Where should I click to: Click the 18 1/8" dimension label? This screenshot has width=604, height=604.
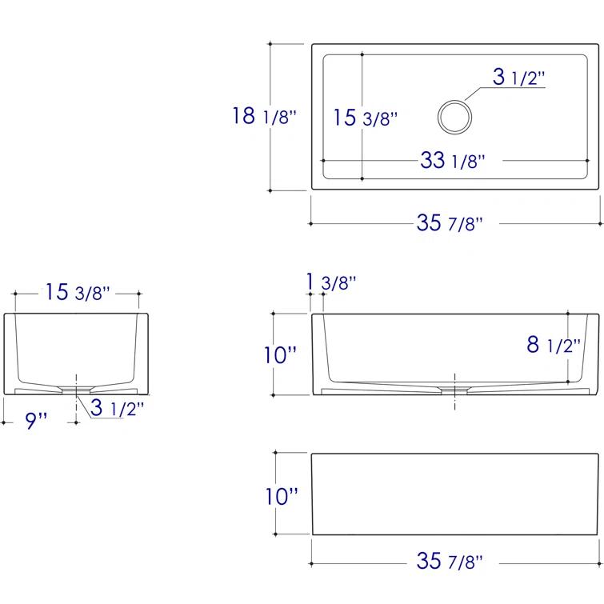(x=264, y=115)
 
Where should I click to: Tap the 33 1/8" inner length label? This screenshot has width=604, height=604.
(x=453, y=160)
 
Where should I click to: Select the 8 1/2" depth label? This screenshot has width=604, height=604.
(x=554, y=344)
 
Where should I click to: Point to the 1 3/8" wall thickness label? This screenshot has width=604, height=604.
(x=331, y=282)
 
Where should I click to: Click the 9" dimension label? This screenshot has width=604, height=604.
(x=36, y=420)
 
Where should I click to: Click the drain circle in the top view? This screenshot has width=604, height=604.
(x=455, y=101)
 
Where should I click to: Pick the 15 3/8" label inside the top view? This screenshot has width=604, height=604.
(x=365, y=118)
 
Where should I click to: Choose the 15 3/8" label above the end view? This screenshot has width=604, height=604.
(x=78, y=292)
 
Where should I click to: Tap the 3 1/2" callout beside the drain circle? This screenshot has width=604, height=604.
(x=519, y=77)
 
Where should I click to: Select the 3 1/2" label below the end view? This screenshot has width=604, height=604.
(x=117, y=407)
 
